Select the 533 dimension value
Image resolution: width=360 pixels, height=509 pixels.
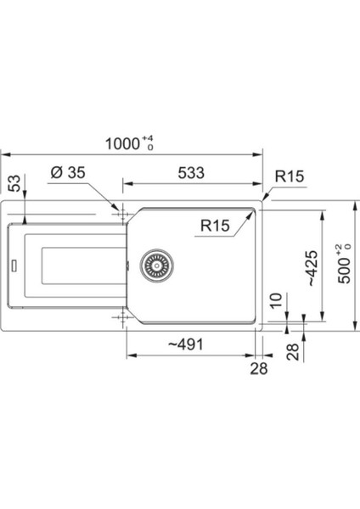[x=191, y=173]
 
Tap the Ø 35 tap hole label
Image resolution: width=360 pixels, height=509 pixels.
[x=68, y=172]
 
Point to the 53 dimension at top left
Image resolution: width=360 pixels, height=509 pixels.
[x=15, y=183]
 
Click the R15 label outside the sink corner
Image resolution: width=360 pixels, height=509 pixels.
[x=290, y=176]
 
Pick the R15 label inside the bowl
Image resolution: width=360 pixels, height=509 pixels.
[x=215, y=226]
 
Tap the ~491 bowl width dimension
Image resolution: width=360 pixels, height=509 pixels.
[x=186, y=344]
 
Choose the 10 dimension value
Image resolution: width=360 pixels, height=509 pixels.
[x=276, y=300]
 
